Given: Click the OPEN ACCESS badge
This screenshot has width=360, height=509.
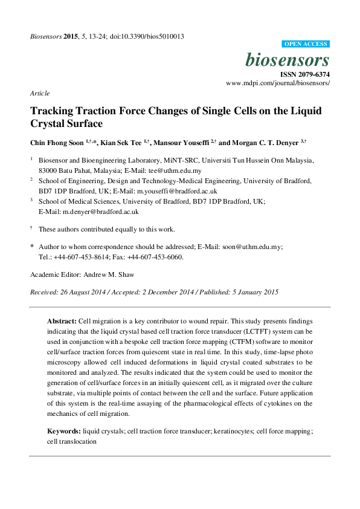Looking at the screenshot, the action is (x=306, y=44).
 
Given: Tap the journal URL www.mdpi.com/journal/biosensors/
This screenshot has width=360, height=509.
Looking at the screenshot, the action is (x=277, y=83).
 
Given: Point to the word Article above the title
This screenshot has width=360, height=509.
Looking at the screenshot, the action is (x=39, y=93).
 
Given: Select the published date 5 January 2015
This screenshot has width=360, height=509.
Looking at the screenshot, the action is (x=251, y=292).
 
